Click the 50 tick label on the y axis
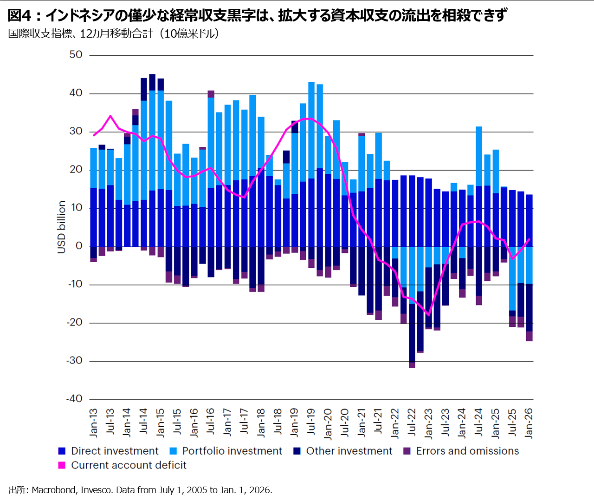click(x=76, y=55)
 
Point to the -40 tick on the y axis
click(x=74, y=399)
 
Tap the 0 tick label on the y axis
click(x=79, y=246)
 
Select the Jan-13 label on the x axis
click(x=94, y=423)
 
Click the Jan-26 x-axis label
click(x=529, y=423)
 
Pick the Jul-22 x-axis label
click(x=412, y=422)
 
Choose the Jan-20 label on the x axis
click(x=328, y=424)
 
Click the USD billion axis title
click(x=61, y=227)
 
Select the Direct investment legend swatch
click(x=62, y=451)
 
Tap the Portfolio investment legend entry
click(x=226, y=451)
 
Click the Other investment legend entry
click(x=343, y=451)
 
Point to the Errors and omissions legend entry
click(x=461, y=451)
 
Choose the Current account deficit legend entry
click(x=123, y=465)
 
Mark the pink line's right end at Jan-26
click(x=529, y=239)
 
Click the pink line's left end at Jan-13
click(x=94, y=135)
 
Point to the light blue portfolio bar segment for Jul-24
click(x=479, y=157)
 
